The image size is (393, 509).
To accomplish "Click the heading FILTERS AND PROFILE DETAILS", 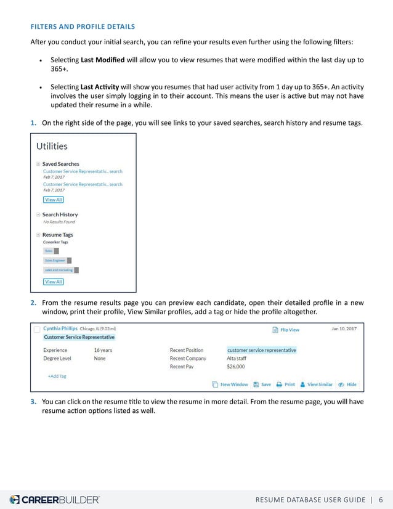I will pos(83,26).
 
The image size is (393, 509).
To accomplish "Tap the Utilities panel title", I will pos(52,147).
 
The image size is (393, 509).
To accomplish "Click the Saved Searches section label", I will pos(60,164).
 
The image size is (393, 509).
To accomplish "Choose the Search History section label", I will pos(60,214).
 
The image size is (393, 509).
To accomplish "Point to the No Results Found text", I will pos(59,222).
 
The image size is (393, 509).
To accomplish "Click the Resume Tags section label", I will pos(57,235).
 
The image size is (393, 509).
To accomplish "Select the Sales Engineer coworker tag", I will pos(55,261).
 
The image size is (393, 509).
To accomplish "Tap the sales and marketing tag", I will pos(59,270).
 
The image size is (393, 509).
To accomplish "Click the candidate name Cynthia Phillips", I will pos(60,329).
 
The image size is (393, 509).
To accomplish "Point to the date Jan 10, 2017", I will pos(344,329).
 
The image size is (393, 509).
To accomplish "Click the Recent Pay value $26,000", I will pos(236,367).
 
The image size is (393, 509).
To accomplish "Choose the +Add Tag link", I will pos(57,376).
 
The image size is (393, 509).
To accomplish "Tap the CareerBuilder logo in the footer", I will pos(54,499).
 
